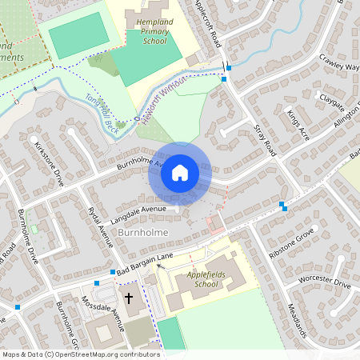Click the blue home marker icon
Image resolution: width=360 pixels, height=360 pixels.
click(x=180, y=173)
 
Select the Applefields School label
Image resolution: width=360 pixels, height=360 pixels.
click(x=196, y=279)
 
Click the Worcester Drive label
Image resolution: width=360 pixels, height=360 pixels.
click(x=323, y=283)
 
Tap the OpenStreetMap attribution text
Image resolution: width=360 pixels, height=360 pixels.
click(x=80, y=354)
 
